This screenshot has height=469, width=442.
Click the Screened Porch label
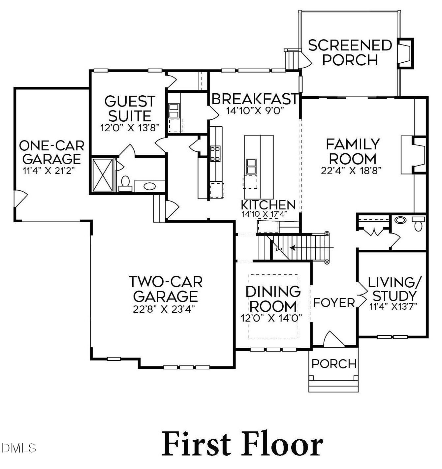tap(350, 53)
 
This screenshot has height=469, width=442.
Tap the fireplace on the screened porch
tap(405, 53)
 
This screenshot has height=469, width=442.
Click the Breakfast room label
tap(255, 99)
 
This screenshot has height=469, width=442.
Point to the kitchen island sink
tap(251, 166)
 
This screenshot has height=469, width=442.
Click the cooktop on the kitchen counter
tap(215, 154)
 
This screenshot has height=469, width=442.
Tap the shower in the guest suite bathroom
tap(103, 175)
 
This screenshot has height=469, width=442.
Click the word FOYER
tap(333, 302)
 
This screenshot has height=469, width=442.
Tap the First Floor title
tap(242, 444)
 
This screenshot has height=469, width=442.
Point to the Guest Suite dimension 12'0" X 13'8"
tap(130, 128)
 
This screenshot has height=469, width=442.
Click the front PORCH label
tap(334, 364)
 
